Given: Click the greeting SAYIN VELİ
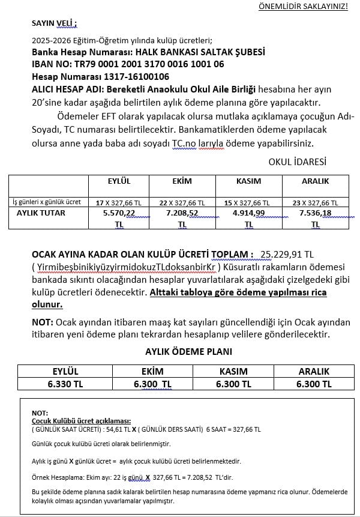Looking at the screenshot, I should pyautogui.click(x=54, y=24).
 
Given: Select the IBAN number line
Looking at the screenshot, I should pyautogui.click(x=128, y=64).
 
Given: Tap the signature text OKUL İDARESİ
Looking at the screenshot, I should pyautogui.click(x=298, y=162).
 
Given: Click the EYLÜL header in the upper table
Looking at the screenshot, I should pyautogui.click(x=118, y=181).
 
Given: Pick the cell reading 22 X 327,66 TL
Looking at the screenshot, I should pyautogui.click(x=182, y=203).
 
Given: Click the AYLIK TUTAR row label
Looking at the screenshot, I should pyautogui.click(x=41, y=213).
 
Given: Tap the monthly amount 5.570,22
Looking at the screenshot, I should pyautogui.click(x=119, y=213).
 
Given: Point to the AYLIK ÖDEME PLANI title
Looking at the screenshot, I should pyautogui.click(x=188, y=352).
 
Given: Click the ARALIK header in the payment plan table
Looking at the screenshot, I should pyautogui.click(x=314, y=372).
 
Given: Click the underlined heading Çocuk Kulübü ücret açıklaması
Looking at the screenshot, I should pyautogui.click(x=81, y=421).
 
